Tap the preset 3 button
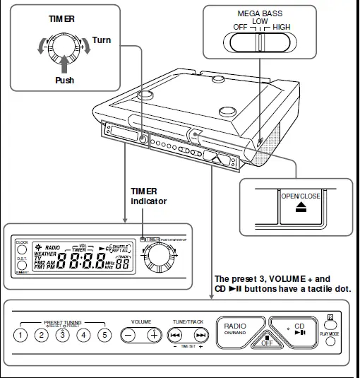63,335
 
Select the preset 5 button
104,335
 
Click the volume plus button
152,335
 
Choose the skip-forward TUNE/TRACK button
201,336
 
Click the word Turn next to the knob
101,40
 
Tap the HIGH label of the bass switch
282,27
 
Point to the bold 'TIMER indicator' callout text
148,196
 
